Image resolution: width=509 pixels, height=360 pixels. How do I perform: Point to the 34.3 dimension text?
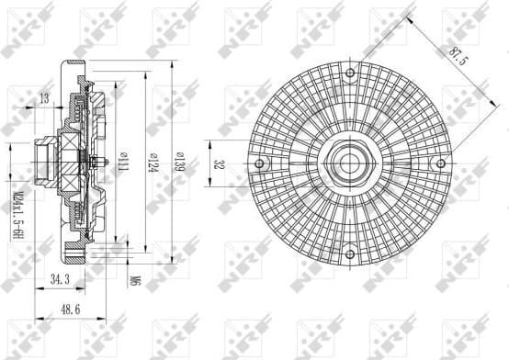59,276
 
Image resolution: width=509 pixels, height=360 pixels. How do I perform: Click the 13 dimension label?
44,98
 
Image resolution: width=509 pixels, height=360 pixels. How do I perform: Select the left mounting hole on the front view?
261,164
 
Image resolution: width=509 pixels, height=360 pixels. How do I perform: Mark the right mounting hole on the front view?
442,164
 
